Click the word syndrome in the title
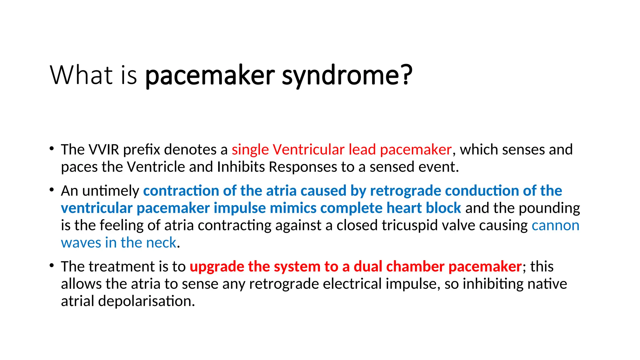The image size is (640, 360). click(x=347, y=76)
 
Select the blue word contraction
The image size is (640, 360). click(x=181, y=191)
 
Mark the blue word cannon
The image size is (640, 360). click(x=555, y=225)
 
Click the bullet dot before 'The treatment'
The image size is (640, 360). click(x=52, y=266)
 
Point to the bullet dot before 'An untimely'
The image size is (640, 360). click(x=52, y=190)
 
